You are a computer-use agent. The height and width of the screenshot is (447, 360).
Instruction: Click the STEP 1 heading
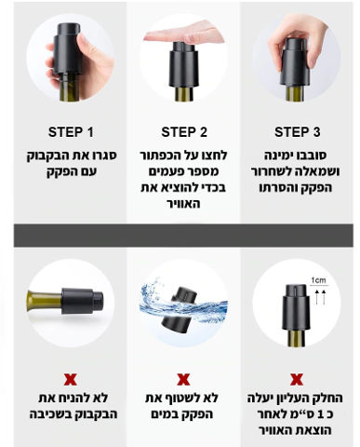click(x=71, y=132)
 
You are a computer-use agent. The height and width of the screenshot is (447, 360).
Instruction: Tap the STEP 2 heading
click(x=184, y=132)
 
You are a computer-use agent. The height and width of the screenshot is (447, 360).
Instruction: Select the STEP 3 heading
click(x=297, y=132)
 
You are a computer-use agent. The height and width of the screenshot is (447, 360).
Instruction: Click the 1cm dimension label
click(x=319, y=280)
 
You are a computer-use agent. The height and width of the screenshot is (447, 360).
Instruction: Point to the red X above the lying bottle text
click(x=71, y=379)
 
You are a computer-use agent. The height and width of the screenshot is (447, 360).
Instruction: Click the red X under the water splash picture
click(x=183, y=379)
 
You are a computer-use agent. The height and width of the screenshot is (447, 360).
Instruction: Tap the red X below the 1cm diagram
click(x=297, y=379)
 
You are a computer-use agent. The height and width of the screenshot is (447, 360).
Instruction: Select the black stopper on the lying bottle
click(x=83, y=302)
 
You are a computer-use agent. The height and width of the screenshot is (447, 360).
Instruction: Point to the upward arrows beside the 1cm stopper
click(x=321, y=297)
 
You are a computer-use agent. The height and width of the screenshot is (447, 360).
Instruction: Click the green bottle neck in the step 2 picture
click(x=184, y=94)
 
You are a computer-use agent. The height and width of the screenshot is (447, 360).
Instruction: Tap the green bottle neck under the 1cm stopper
click(x=297, y=339)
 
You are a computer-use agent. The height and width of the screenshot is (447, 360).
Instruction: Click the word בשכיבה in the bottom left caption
click(x=50, y=414)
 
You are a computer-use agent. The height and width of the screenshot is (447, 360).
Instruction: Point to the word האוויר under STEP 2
click(x=183, y=204)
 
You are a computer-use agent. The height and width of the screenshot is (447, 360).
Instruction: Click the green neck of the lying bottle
click(x=45, y=301)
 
